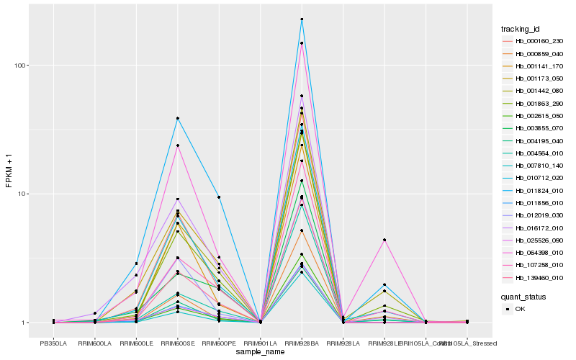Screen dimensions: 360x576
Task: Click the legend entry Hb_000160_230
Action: (534, 41)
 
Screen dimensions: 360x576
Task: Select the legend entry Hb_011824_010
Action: (534, 191)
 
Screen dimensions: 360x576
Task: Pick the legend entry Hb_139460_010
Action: (534, 278)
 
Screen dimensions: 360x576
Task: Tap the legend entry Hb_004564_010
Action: (534, 153)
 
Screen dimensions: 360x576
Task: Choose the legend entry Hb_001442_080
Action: (534, 91)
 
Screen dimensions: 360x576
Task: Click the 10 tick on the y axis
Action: (22, 194)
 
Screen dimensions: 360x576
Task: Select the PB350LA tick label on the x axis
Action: (53, 343)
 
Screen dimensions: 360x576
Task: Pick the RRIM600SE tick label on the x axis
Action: (177, 343)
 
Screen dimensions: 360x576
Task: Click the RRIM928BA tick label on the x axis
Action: (302, 343)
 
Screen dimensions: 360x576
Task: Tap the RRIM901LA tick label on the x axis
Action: (260, 343)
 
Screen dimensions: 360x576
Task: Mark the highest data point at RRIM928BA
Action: (302, 19)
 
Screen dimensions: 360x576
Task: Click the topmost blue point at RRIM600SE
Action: (177, 118)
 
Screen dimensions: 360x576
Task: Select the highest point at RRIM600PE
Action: (219, 197)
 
